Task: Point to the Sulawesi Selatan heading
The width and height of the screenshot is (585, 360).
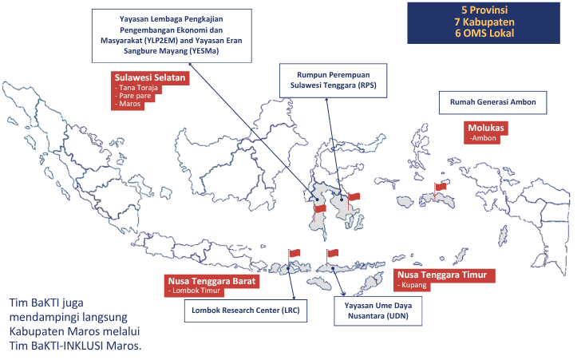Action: (x=150, y=77)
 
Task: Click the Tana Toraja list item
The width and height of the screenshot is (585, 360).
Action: (x=136, y=88)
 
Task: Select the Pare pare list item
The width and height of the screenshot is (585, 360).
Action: (x=132, y=96)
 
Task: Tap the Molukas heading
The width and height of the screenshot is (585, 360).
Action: (x=486, y=128)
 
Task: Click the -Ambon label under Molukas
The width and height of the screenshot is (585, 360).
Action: (x=483, y=138)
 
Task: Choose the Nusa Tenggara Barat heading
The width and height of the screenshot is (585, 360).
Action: (x=212, y=281)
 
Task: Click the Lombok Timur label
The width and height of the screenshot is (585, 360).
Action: (x=194, y=291)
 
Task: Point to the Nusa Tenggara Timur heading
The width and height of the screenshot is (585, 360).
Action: (x=442, y=275)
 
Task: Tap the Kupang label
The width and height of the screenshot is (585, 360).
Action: (x=412, y=285)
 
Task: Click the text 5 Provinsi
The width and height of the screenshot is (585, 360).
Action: (x=484, y=10)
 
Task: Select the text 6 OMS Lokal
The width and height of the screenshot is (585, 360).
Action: (x=484, y=34)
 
